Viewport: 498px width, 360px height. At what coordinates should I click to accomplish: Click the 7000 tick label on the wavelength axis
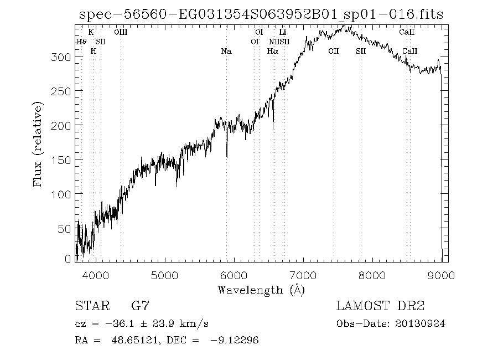point(303,275)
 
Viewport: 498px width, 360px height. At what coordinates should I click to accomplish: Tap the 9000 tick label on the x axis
point(441,275)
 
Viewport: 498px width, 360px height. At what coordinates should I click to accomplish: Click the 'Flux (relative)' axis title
point(38,143)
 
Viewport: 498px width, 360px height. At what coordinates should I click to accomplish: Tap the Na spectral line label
point(226,52)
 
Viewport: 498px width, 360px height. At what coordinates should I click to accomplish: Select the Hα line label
point(272,52)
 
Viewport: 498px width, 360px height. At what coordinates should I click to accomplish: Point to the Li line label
point(283,33)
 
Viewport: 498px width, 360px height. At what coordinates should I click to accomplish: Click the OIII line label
point(121,33)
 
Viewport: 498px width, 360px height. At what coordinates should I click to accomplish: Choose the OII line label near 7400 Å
point(333,52)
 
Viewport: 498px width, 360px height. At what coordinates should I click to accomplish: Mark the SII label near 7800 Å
point(361,52)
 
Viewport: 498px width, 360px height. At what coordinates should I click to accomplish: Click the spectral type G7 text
point(139,306)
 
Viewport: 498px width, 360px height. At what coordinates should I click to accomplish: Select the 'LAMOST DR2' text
point(380,306)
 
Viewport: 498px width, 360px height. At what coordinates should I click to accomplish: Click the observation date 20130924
point(420,323)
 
